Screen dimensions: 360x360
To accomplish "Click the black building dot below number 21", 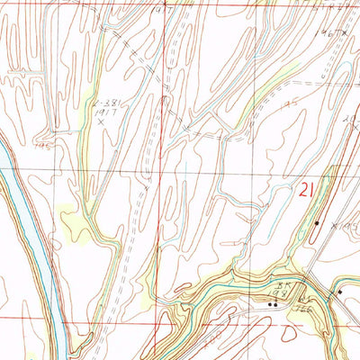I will click(x=317, y=222).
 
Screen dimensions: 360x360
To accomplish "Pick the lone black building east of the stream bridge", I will click(x=340, y=292).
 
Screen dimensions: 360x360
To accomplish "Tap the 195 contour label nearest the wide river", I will click(x=41, y=141).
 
